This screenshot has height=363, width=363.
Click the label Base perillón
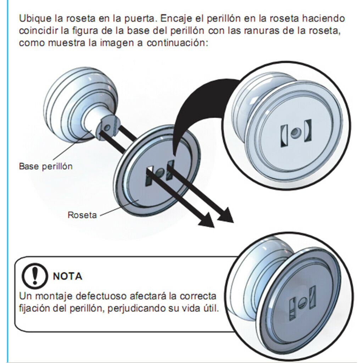pyautogui.click(x=45, y=166)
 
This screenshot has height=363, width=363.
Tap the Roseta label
pyautogui.click(x=82, y=215)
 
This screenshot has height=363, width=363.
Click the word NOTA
pyautogui.click(x=67, y=276)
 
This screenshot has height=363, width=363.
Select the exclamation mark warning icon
pyautogui.click(x=34, y=275)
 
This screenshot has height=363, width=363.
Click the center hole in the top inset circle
pyautogui.click(x=294, y=133)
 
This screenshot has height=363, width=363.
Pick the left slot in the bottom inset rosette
pyautogui.click(x=294, y=307)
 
